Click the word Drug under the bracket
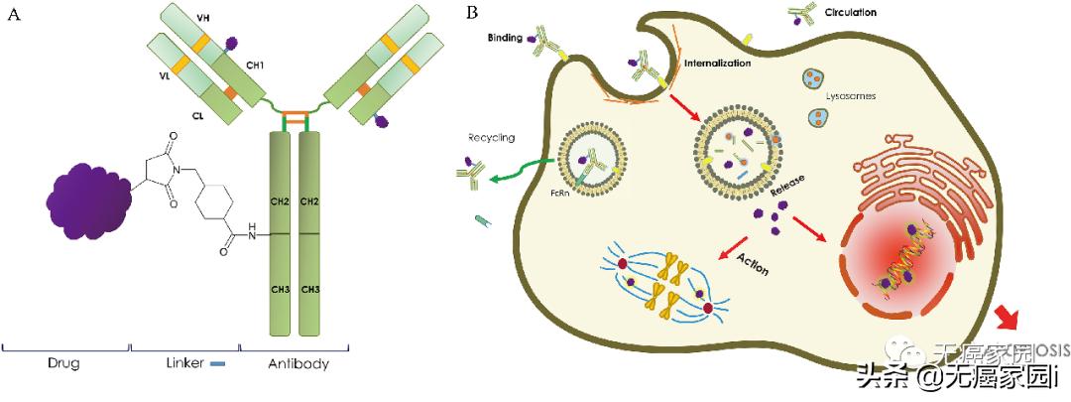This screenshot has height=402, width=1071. coord(63,364)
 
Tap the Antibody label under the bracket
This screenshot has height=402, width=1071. coord(298,364)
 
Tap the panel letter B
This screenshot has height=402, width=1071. coord(473,12)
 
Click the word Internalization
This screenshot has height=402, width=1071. coord(717,63)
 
